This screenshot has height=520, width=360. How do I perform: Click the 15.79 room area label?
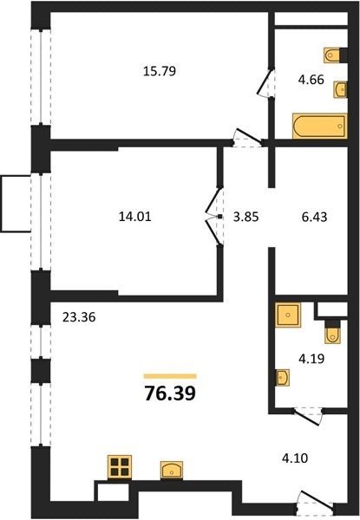(160, 71)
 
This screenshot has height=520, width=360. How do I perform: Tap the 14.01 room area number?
(134, 217)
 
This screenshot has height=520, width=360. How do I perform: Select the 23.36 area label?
(79, 317)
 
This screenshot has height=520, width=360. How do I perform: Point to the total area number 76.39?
(170, 393)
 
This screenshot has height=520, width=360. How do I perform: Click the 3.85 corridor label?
(245, 217)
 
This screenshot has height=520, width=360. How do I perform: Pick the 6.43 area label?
(314, 217)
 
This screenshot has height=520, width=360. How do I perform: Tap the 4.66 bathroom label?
(311, 80)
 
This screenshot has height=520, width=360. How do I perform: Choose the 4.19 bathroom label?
(311, 359)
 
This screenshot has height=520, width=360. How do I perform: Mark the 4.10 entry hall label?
(295, 458)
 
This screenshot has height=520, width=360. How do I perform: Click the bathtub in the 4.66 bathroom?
(320, 126)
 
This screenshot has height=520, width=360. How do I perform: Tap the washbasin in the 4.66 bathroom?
(340, 89)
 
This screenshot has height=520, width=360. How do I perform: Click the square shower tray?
(288, 315)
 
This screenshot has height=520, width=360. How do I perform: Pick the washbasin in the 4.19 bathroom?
(282, 377)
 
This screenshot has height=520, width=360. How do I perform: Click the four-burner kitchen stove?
(120, 467)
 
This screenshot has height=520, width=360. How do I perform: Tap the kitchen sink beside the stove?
(172, 470)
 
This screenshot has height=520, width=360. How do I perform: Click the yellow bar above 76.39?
(170, 376)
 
